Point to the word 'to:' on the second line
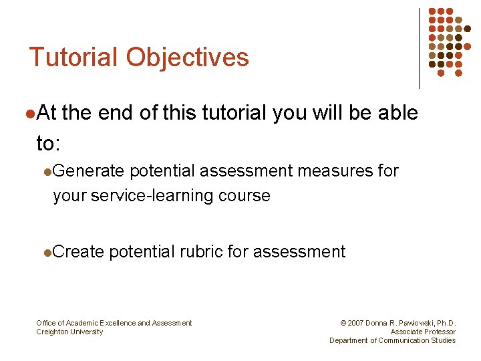48,143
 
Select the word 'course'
247,196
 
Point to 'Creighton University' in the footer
69,332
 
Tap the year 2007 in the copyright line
357,324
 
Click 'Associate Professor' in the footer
423,332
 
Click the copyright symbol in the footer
343,324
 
